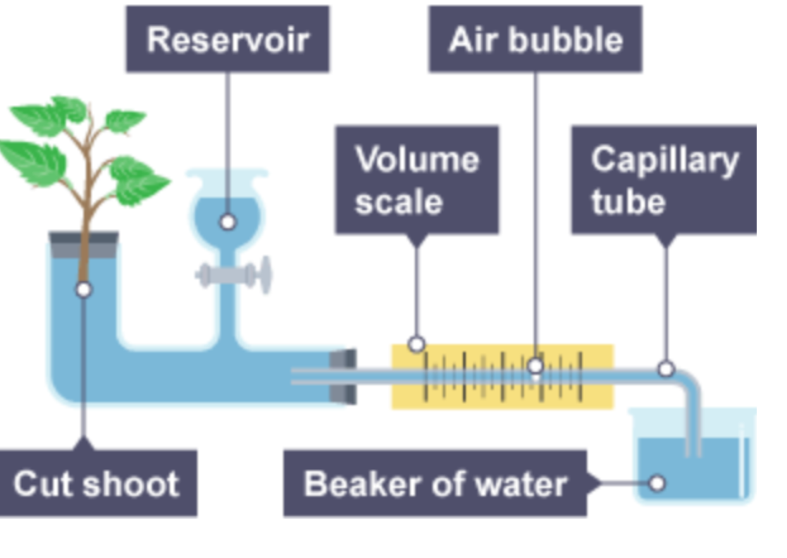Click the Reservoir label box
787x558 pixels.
228,39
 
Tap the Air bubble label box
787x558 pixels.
535,39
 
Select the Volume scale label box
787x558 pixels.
417,180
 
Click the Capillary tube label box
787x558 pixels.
664,180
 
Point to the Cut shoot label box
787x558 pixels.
97,483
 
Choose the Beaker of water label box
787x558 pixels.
435,483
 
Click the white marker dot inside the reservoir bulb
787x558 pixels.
228,222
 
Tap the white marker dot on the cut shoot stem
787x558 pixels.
84,289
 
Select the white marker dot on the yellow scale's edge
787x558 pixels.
416,344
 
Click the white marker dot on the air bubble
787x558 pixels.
535,366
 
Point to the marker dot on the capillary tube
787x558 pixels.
666,369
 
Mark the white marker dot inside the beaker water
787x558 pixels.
657,483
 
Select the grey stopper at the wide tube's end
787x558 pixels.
343,377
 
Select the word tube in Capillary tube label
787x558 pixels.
628,202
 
